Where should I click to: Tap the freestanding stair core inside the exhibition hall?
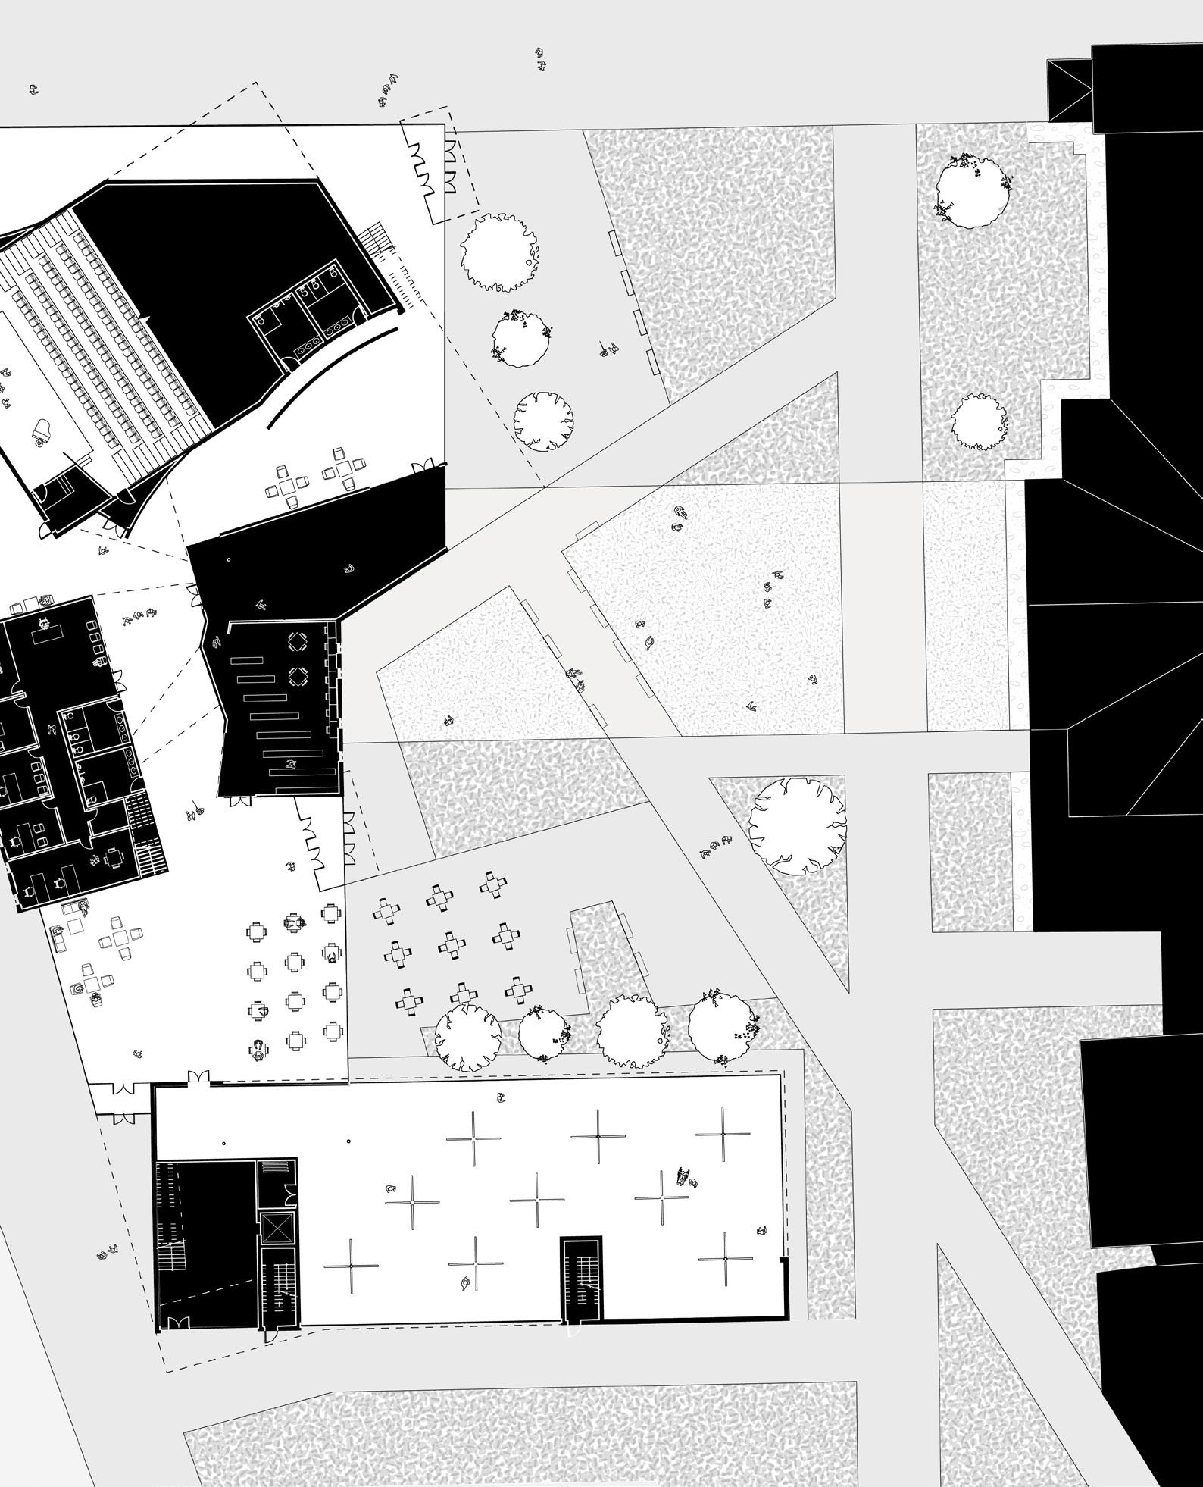581,1279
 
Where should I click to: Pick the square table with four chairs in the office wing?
114,859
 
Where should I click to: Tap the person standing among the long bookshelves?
289,765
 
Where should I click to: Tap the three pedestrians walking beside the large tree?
716,847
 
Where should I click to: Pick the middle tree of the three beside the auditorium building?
522,340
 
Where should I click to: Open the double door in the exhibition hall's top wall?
198,1078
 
